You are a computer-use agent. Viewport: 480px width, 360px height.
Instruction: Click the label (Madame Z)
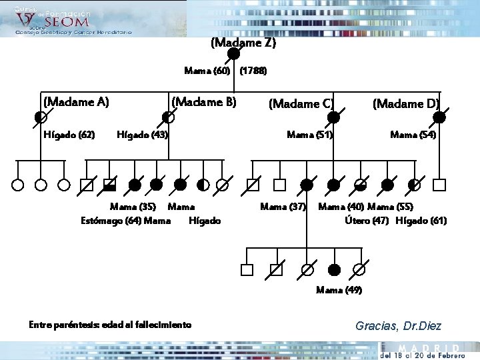click(x=243, y=43)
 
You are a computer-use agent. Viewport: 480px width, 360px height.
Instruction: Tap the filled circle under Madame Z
click(x=234, y=54)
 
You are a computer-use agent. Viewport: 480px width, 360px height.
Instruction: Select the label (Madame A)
click(x=76, y=102)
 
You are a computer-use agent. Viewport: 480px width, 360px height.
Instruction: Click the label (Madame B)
click(x=204, y=102)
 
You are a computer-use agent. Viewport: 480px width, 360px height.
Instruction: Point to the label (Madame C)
click(x=300, y=103)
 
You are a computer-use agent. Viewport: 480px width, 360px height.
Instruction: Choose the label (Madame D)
click(x=405, y=103)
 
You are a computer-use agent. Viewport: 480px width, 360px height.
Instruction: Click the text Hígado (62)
click(x=69, y=135)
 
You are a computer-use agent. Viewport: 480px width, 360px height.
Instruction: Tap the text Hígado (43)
click(x=142, y=135)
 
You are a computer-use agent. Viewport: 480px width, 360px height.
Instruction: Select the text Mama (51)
click(x=309, y=135)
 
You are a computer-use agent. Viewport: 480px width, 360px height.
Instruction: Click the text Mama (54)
click(x=413, y=135)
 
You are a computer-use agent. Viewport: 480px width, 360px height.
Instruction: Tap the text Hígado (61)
click(x=421, y=221)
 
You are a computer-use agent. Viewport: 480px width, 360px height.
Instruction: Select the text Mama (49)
click(x=339, y=290)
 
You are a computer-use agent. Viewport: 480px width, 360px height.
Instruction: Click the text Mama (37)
click(x=283, y=207)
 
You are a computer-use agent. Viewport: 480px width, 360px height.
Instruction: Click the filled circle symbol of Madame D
click(x=439, y=117)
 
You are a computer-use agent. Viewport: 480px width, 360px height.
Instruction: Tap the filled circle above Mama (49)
click(x=335, y=269)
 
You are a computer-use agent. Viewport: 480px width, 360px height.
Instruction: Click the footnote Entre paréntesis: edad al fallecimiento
click(x=110, y=325)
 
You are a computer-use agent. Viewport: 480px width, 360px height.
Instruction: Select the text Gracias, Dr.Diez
click(x=398, y=326)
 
